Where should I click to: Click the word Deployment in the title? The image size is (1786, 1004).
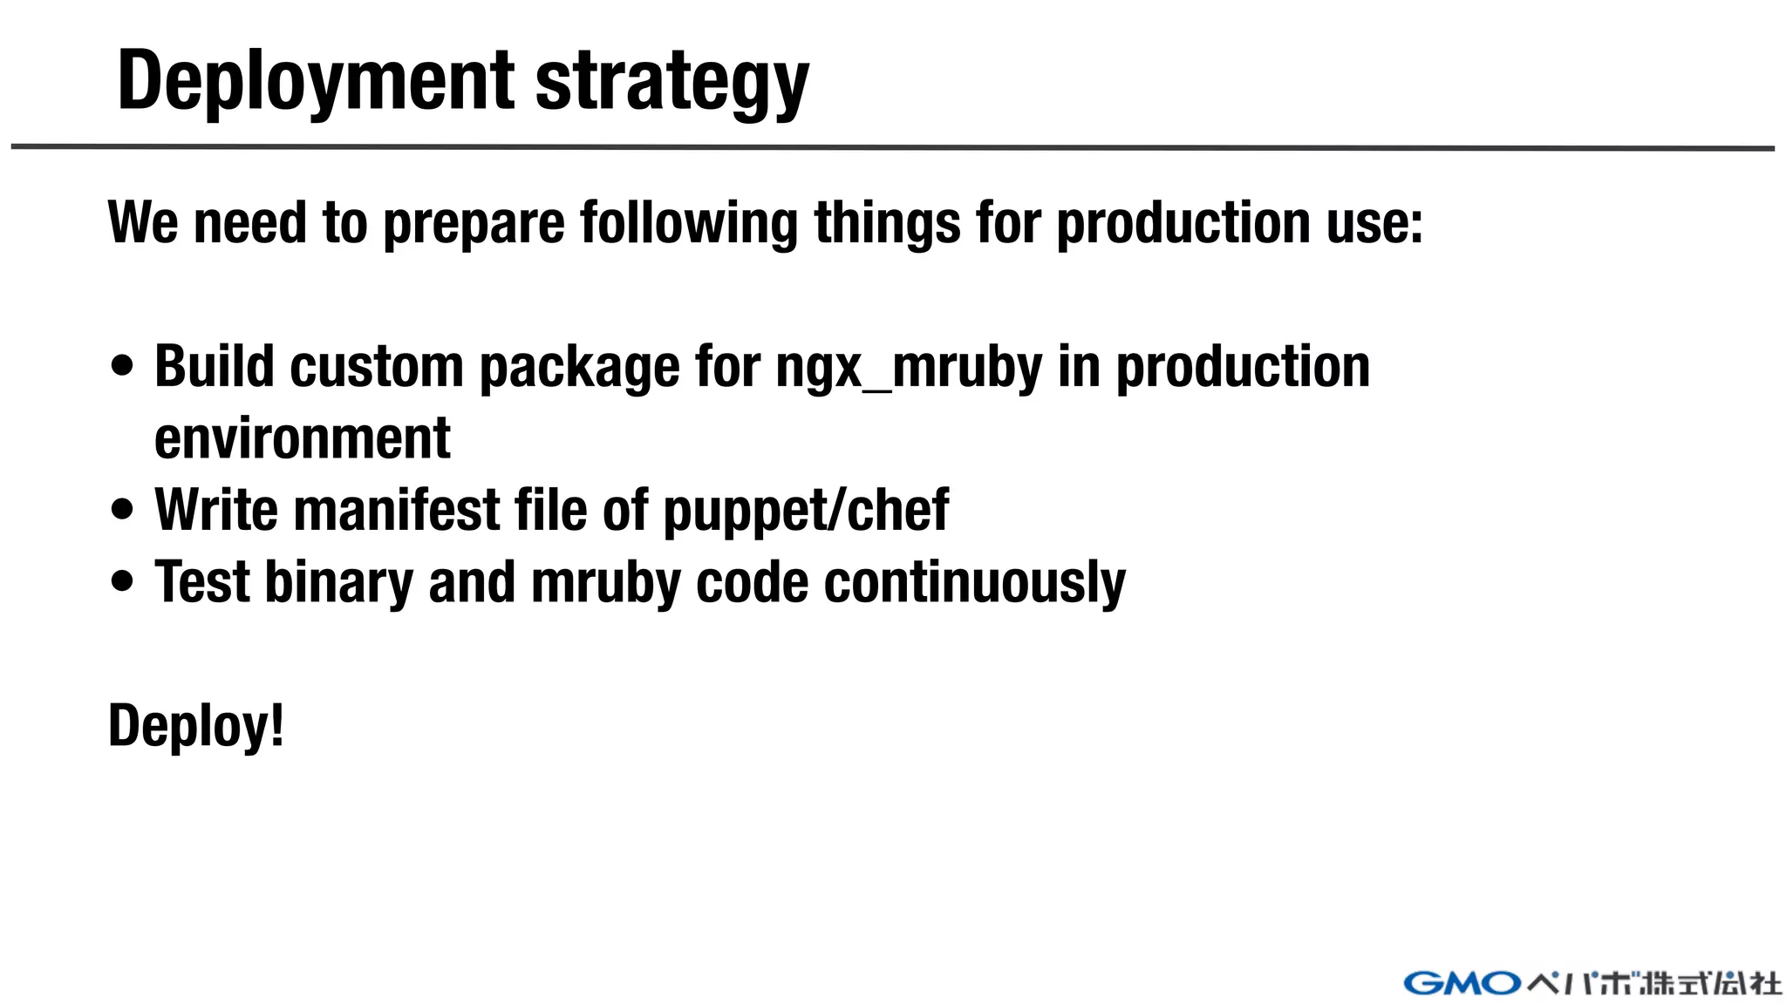click(x=316, y=81)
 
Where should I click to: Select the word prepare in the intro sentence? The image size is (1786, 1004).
click(x=474, y=223)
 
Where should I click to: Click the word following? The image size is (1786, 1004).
click(x=689, y=223)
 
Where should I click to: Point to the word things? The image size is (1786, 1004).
click(x=887, y=223)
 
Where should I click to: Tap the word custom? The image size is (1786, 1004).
click(x=376, y=366)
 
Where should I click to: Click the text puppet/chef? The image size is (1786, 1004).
click(x=806, y=511)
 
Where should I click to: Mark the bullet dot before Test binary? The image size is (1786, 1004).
click(x=123, y=581)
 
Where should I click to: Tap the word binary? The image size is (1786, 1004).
click(x=338, y=582)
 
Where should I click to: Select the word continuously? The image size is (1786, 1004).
click(x=974, y=582)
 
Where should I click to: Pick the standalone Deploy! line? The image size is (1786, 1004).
click(x=196, y=725)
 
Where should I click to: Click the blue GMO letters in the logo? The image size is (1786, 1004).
click(x=1462, y=984)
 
